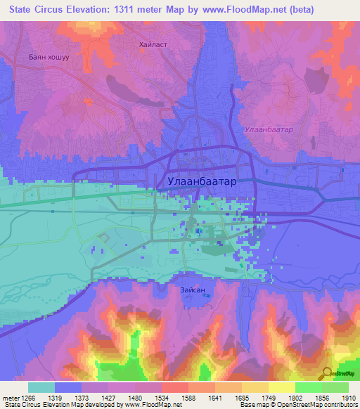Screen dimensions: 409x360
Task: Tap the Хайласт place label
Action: point(153,44)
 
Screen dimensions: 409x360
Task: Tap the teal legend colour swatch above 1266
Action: point(41,387)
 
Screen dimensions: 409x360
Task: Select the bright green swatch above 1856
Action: point(308,387)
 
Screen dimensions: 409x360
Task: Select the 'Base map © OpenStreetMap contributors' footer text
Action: point(298,405)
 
